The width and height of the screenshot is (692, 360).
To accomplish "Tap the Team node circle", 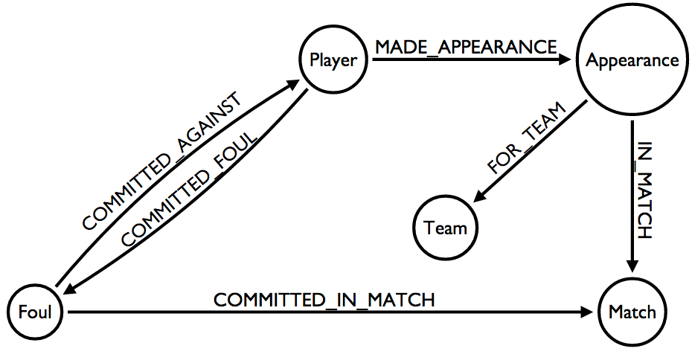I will pos(446,227).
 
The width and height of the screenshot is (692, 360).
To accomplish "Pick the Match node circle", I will pos(632,312).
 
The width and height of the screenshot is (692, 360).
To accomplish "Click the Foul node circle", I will pos(36,312).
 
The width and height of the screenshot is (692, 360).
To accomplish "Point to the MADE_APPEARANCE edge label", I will pos(466,46).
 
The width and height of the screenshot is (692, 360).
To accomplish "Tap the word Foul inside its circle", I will pos(36,312).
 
